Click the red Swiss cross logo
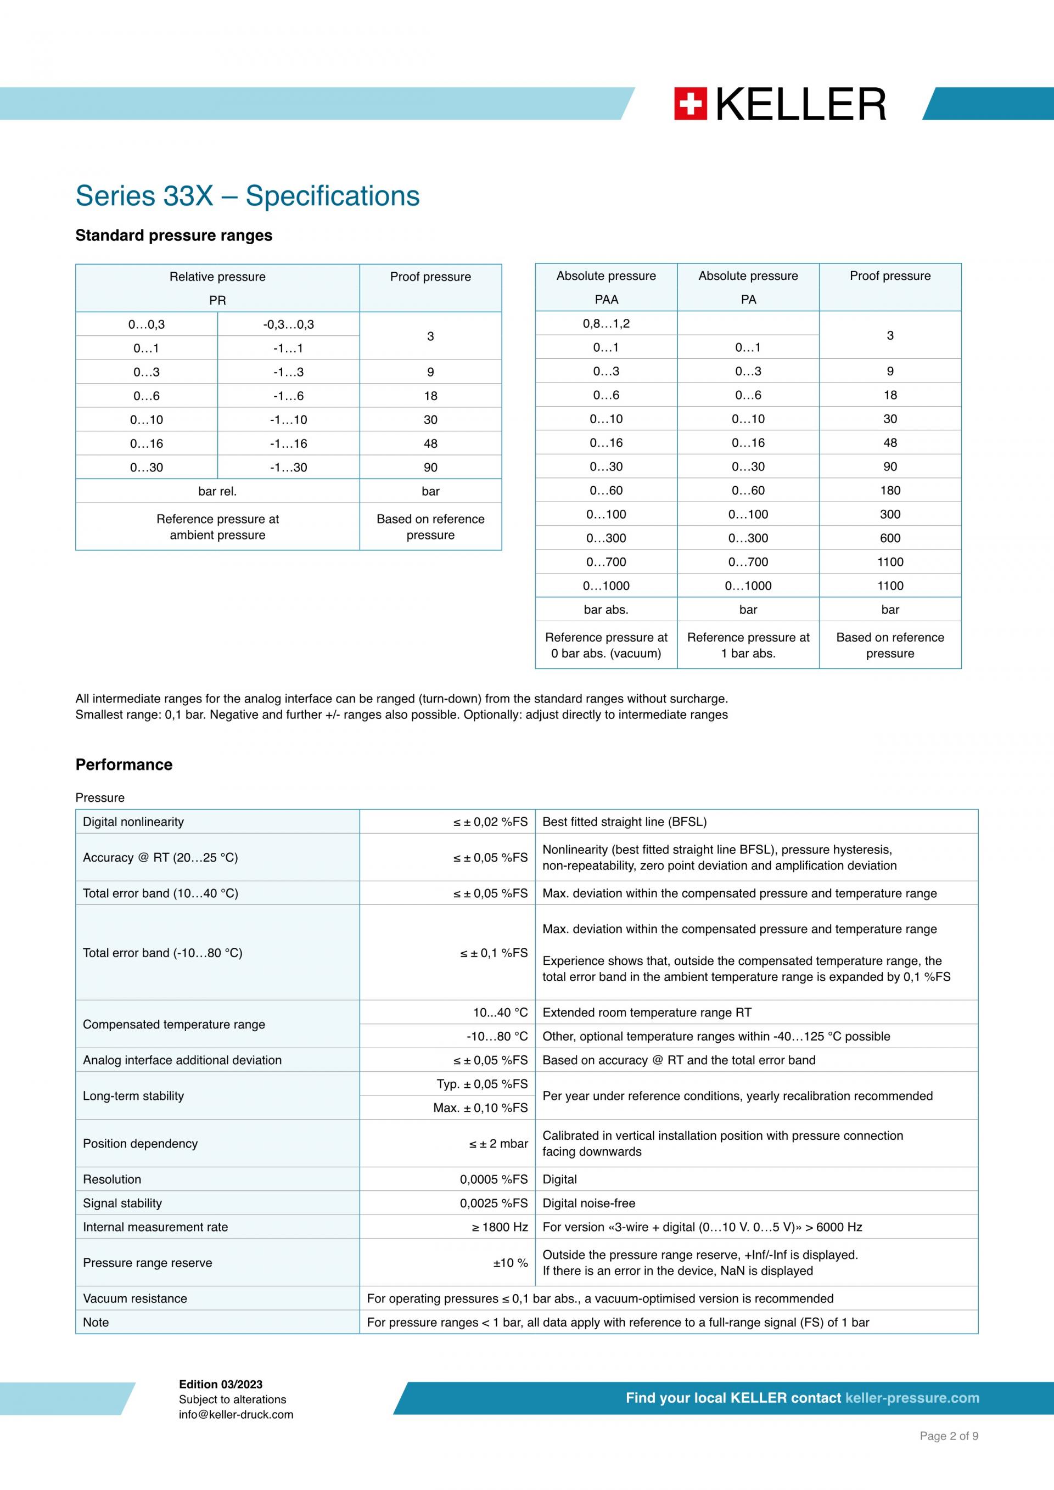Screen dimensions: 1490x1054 pyautogui.click(x=690, y=104)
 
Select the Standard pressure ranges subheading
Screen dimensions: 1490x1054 pyautogui.click(x=173, y=235)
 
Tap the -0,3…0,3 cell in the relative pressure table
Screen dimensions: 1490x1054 pyautogui.click(x=288, y=324)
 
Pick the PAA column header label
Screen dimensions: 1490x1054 pyautogui.click(x=606, y=300)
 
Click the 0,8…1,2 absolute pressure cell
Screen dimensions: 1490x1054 pyautogui.click(x=606, y=324)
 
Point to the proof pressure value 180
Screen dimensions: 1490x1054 pyautogui.click(x=890, y=491)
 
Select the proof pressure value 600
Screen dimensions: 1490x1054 pyautogui.click(x=890, y=538)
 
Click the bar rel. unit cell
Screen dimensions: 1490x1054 pyautogui.click(x=217, y=491)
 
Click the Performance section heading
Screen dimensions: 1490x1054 pyautogui.click(x=124, y=764)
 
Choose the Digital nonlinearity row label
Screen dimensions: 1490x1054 pyautogui.click(x=133, y=822)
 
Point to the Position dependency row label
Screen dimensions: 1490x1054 pyautogui.click(x=140, y=1144)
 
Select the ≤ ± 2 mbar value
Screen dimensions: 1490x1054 pyautogui.click(x=498, y=1144)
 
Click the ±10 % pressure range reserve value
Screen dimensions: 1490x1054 pyautogui.click(x=510, y=1263)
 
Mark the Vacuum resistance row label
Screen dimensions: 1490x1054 pyautogui.click(x=135, y=1298)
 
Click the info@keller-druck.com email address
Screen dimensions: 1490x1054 pyautogui.click(x=236, y=1415)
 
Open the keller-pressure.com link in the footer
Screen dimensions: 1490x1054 pyautogui.click(x=912, y=1398)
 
